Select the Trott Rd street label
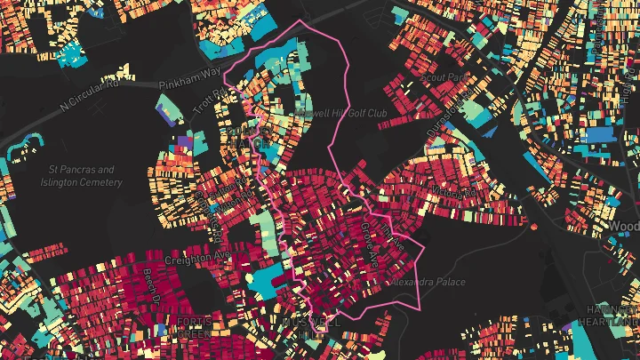click(204, 109)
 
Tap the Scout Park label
click(444, 78)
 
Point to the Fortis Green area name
click(194, 327)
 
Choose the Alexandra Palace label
click(428, 282)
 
